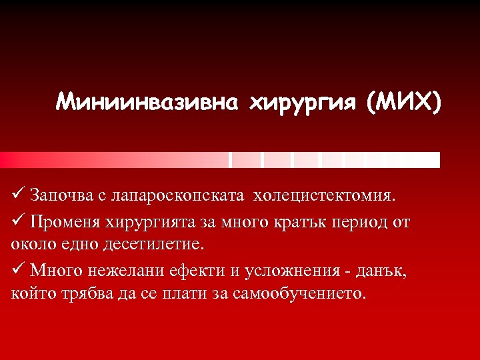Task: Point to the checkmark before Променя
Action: (x=18, y=221)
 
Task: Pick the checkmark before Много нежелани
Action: (x=18, y=271)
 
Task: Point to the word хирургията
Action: (x=149, y=222)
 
